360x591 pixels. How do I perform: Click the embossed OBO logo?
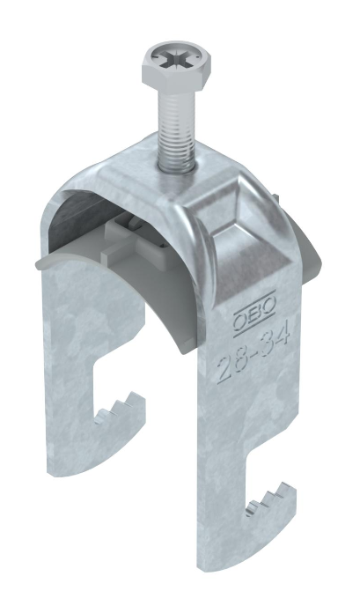click(253, 313)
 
